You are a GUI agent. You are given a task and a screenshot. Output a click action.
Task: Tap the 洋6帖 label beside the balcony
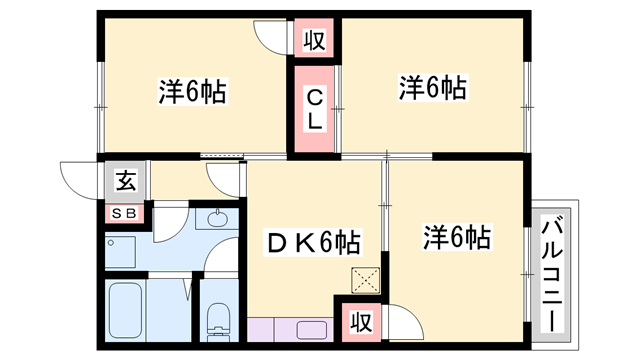(456, 238)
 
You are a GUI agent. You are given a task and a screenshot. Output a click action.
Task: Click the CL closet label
(314, 108)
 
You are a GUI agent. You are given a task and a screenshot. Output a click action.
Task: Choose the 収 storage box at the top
(314, 41)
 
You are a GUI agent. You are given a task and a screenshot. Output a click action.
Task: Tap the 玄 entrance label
(125, 182)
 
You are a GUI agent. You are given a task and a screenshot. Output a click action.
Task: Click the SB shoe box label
(125, 212)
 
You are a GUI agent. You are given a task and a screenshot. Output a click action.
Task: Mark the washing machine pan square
(121, 250)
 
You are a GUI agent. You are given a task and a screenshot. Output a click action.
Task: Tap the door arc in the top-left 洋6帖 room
(272, 38)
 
